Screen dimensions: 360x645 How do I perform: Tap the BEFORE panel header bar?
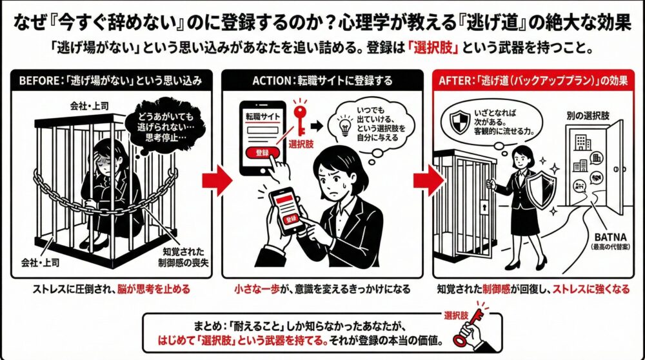pyautogui.click(x=110, y=81)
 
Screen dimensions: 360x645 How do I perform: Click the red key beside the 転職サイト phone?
pyautogui.click(x=299, y=116)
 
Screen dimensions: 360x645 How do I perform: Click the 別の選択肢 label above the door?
pyautogui.click(x=588, y=117)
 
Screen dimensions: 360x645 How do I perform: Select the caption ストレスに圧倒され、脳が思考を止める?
pyautogui.click(x=110, y=289)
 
